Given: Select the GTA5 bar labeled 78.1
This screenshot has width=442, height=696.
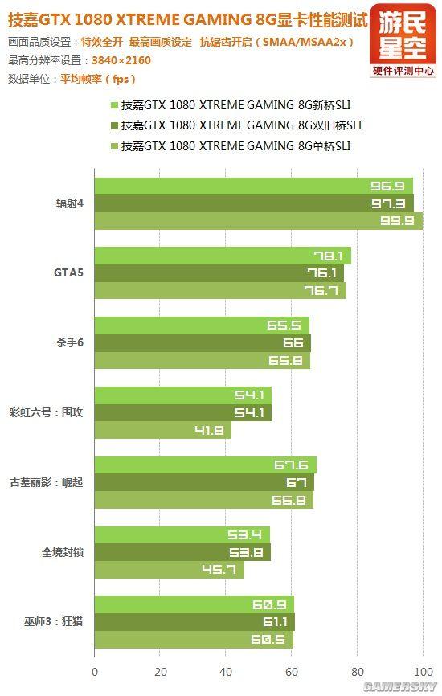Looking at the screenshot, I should (x=223, y=256).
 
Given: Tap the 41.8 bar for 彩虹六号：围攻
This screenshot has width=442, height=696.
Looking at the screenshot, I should (x=163, y=430).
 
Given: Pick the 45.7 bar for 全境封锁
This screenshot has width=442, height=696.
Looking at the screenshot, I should (x=170, y=570).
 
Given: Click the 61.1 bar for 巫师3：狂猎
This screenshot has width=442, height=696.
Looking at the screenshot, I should (x=194, y=622).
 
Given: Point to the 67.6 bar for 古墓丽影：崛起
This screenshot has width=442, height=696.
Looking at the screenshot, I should (x=206, y=465).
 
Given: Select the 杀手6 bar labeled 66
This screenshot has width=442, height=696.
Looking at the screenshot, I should (x=203, y=343).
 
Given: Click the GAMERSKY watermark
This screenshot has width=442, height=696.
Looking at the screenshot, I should (x=399, y=686).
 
